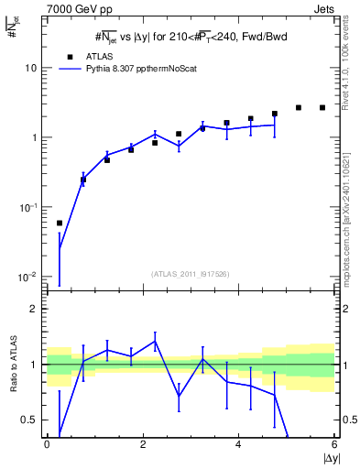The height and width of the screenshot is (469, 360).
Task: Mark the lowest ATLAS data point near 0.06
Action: pos(60,223)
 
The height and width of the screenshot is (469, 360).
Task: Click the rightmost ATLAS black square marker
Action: pos(322,107)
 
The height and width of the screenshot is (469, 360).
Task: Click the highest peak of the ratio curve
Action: pos(155,341)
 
